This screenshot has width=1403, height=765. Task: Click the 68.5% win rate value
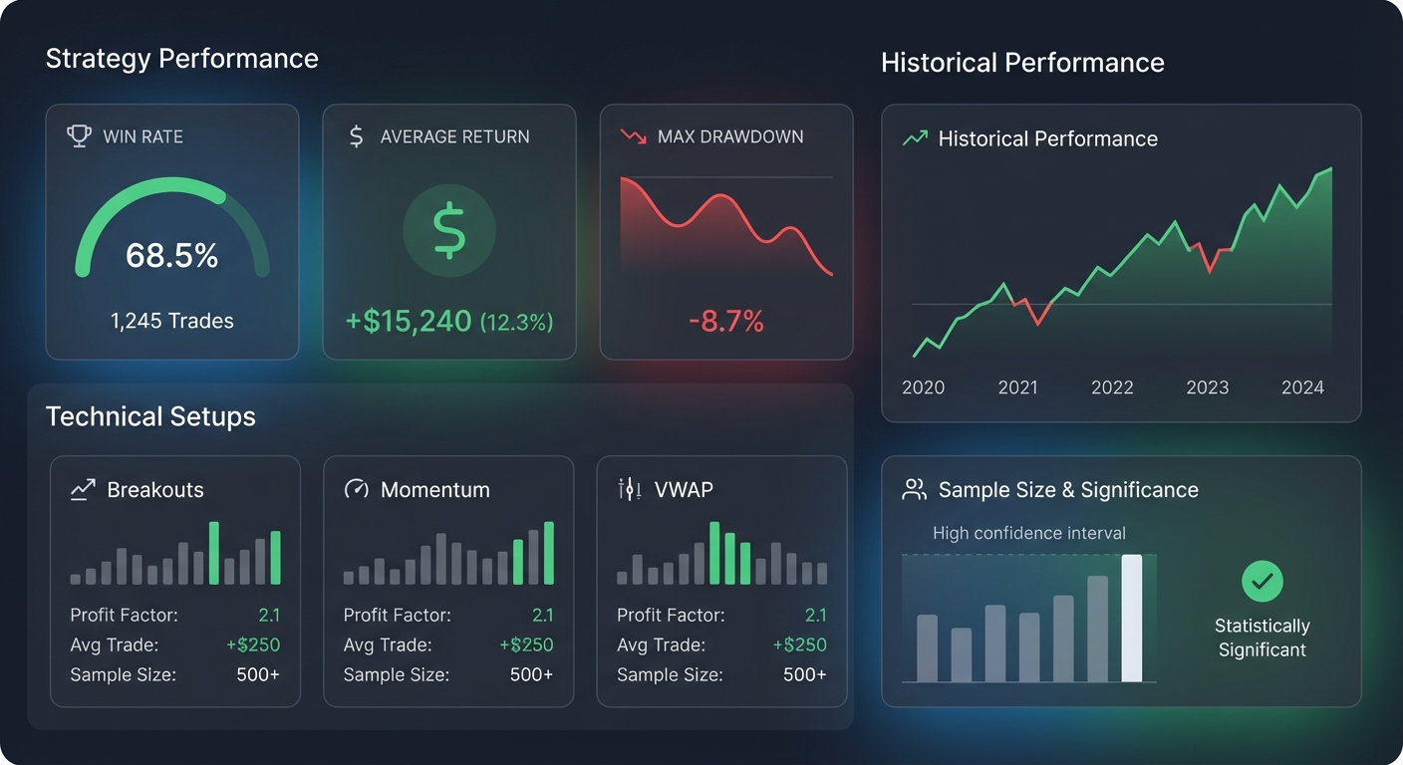tap(171, 256)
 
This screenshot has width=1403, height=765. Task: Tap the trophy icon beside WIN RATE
tap(79, 136)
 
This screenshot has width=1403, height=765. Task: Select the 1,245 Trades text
tap(171, 321)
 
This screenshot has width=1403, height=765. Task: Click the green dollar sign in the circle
tap(449, 230)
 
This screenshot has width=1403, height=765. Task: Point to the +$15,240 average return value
tap(409, 321)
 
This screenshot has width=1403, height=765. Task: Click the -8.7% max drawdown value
tap(725, 321)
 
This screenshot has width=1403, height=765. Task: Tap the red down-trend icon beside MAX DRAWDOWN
tap(633, 136)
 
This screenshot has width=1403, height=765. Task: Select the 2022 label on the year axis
tap(1112, 387)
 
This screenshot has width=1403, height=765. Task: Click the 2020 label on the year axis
tap(923, 387)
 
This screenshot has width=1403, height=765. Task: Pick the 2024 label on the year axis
tap(1302, 387)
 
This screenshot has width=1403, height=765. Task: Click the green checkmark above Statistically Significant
tap(1262, 581)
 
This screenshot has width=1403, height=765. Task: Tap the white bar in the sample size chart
tap(1131, 619)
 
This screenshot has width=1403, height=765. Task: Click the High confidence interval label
tap(1028, 533)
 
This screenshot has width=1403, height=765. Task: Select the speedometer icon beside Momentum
tap(356, 489)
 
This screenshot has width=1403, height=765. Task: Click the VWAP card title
tap(684, 489)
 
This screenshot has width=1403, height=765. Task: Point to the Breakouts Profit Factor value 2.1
tap(269, 615)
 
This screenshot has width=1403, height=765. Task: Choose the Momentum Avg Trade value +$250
tap(526, 644)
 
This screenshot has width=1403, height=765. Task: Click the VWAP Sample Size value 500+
tap(804, 674)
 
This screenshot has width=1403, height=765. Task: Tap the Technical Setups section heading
tap(150, 416)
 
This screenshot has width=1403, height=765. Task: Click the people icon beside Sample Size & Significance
tap(914, 489)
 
